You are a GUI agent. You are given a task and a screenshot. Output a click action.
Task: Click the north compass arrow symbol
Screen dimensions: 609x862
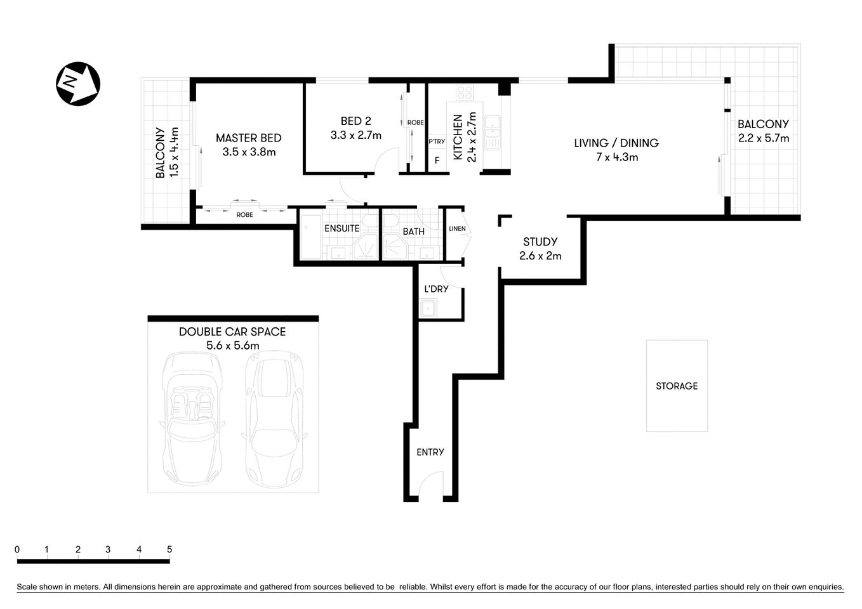[78, 84]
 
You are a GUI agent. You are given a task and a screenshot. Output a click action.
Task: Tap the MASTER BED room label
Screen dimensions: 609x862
[248, 138]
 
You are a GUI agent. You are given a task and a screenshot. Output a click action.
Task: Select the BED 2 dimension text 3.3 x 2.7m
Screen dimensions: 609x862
[355, 135]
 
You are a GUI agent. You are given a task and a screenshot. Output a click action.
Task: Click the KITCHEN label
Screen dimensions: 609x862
[458, 136]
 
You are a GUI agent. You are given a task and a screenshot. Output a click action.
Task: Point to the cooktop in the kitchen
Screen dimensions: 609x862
[465, 93]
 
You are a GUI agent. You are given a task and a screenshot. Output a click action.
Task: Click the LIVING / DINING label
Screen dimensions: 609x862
[616, 143]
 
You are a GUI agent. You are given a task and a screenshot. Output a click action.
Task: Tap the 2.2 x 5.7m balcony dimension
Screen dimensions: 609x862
[763, 138]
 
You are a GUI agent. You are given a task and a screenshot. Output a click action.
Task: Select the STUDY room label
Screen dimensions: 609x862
[540, 242]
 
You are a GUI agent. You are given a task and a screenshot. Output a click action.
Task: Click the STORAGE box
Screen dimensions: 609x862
[677, 386]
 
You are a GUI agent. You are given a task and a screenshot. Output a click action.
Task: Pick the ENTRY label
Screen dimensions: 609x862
[430, 452]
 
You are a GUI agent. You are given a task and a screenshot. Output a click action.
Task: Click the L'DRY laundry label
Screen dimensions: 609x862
[436, 289]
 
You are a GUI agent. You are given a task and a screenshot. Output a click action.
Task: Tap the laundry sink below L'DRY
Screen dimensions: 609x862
[428, 309]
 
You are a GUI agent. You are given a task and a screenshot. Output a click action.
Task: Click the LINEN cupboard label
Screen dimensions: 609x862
[457, 229]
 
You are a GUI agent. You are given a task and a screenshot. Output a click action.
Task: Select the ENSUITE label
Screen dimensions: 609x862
[341, 228]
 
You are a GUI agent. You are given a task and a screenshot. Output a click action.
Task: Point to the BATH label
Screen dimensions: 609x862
[413, 232]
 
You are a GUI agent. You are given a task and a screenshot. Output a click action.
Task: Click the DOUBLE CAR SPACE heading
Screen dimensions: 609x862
[232, 332]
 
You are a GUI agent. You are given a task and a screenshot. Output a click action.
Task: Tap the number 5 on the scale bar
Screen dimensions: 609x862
[169, 549]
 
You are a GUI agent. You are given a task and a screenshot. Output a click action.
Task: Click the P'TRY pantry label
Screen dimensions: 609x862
[437, 141]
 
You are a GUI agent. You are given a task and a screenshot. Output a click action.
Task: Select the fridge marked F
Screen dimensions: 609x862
[437, 160]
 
